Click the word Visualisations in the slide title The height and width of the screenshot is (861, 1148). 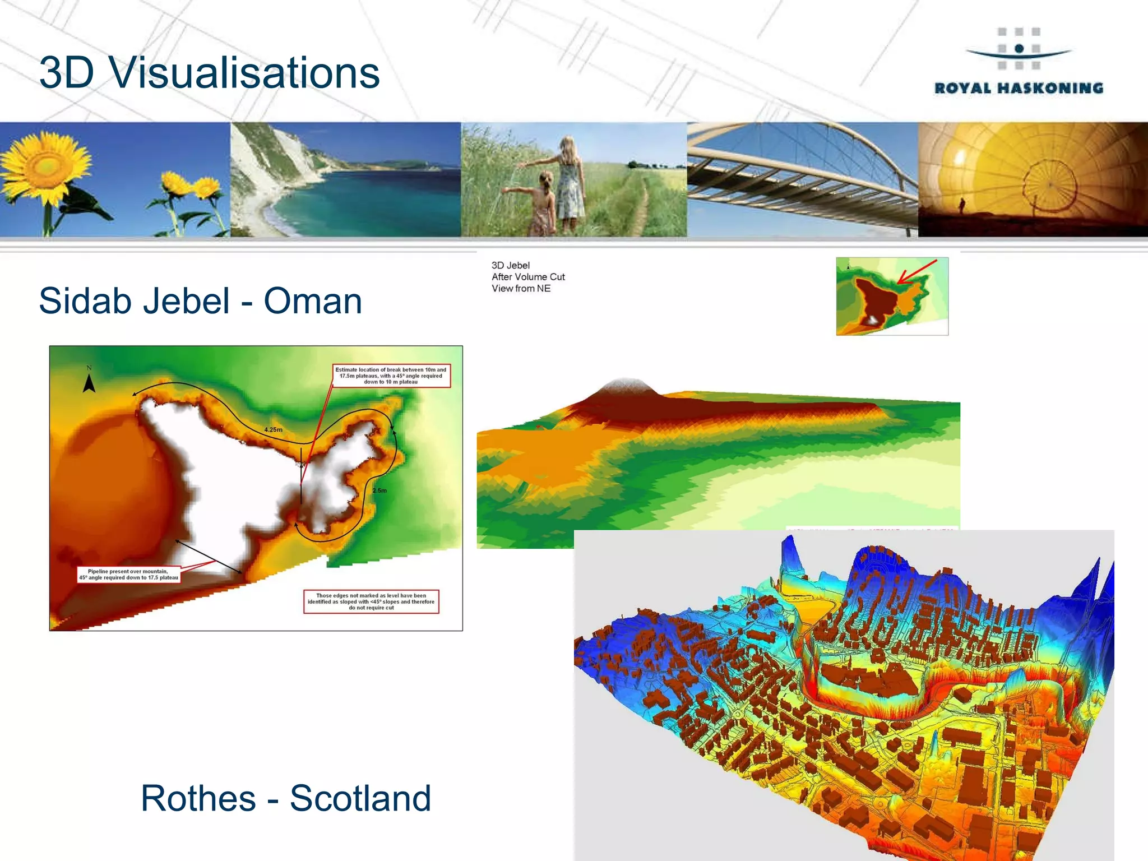coord(244,73)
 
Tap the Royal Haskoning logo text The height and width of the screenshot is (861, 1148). coord(1019,88)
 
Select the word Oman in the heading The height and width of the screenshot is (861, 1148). coord(313,301)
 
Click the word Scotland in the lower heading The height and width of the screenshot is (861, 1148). coord(360,798)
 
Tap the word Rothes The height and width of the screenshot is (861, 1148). coord(198,798)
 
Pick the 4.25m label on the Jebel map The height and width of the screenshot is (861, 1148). coord(274,430)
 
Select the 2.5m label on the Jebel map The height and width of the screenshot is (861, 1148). coord(379,490)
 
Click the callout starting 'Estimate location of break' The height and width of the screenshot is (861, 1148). coord(391,376)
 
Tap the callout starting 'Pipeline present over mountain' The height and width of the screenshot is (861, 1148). coord(128,575)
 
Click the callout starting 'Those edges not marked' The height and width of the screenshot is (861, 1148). coord(371,601)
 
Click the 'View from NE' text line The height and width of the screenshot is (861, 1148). coord(521,289)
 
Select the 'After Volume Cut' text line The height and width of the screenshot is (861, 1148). coord(528,277)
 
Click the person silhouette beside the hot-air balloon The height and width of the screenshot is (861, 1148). coord(962,205)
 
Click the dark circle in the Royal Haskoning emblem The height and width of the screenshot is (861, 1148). coord(1019,49)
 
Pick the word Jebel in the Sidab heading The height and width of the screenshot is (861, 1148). coord(187,301)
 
